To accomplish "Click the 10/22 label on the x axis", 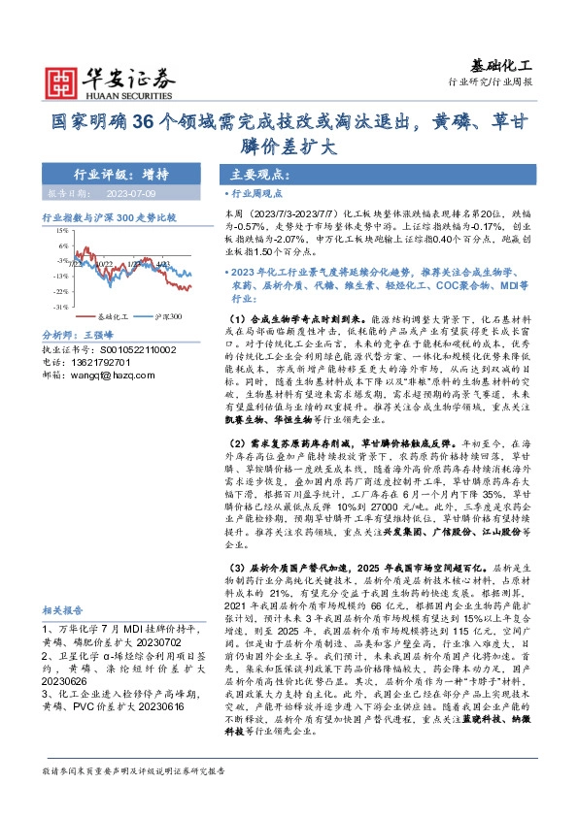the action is (104, 263).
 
